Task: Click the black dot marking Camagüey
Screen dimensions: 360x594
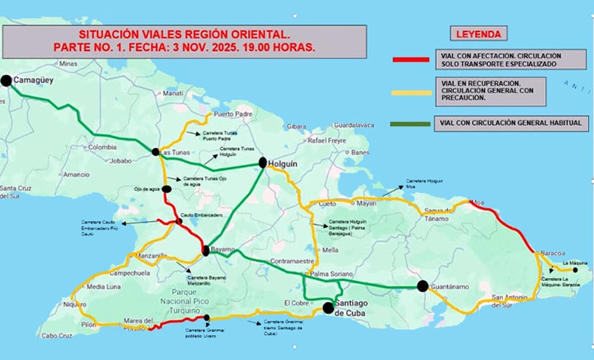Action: (x=6, y=81)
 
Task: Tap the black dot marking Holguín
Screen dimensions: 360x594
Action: (x=263, y=163)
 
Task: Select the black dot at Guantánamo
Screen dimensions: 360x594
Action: (x=422, y=285)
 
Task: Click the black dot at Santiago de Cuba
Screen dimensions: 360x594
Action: (x=328, y=308)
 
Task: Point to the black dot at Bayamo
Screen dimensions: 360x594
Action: (x=206, y=250)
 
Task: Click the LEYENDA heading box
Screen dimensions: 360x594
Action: (x=478, y=34)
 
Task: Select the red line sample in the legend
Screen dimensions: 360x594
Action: (x=411, y=59)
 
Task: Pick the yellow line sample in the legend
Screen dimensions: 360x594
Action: (x=411, y=92)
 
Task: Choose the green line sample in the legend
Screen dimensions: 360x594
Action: (x=411, y=124)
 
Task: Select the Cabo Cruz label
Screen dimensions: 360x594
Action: (x=57, y=336)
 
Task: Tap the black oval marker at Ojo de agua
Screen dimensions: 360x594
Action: (x=166, y=189)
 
